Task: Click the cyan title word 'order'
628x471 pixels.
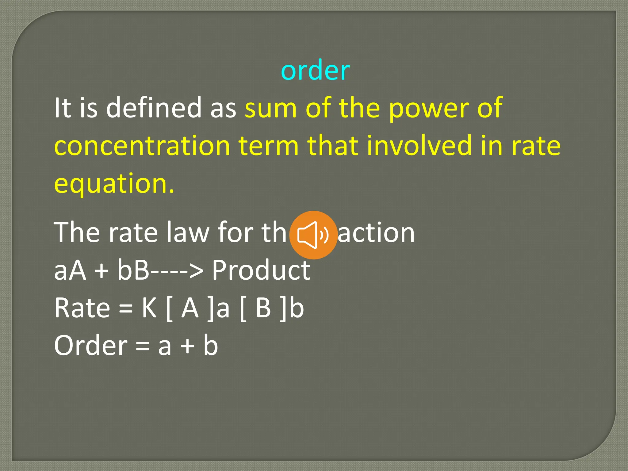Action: click(x=315, y=70)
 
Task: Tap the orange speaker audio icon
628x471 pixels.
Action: click(x=313, y=235)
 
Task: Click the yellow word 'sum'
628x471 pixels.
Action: click(x=271, y=108)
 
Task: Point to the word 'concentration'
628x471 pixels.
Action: click(x=142, y=146)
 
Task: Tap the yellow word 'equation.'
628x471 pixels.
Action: click(x=114, y=184)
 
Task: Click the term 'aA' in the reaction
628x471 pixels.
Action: click(x=70, y=270)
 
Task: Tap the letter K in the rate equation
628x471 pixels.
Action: click(x=149, y=308)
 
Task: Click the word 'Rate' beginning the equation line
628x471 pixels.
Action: click(x=82, y=308)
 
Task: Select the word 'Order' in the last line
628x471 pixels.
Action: click(x=91, y=346)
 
